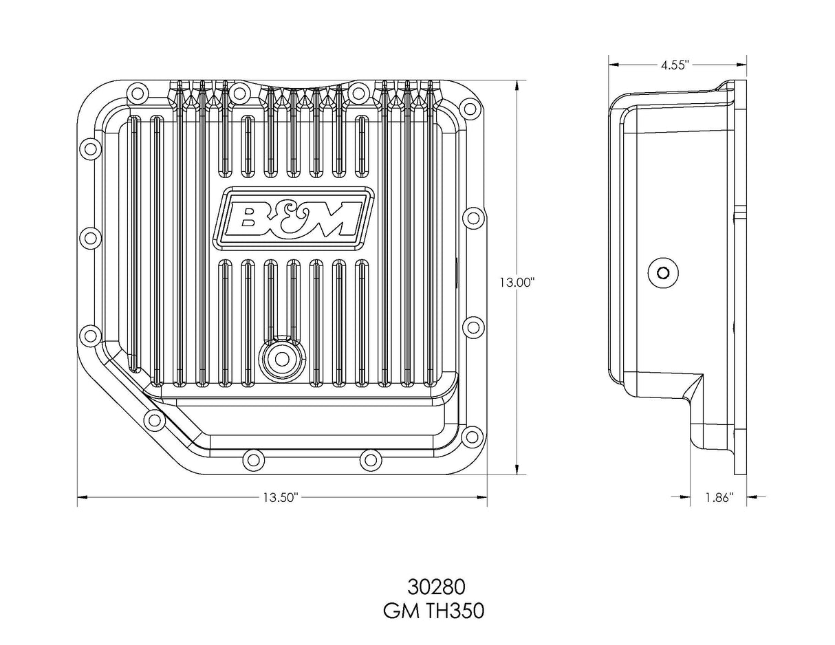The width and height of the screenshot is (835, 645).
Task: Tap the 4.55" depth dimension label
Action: tap(675, 65)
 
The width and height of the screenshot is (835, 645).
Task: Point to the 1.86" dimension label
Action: tap(719, 497)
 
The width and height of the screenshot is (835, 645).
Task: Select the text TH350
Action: tap(456, 611)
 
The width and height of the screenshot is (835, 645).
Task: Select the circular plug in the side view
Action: tap(662, 273)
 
